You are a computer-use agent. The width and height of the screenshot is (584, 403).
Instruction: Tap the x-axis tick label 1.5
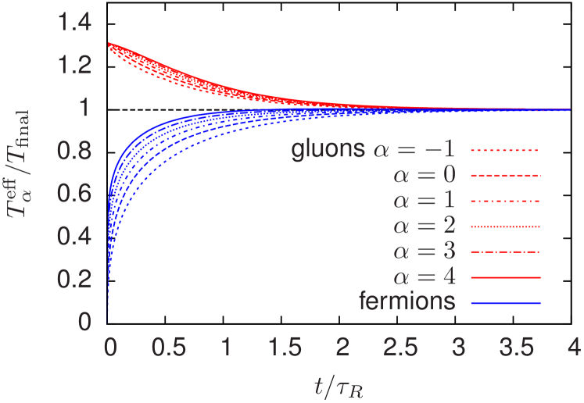[x=283, y=346]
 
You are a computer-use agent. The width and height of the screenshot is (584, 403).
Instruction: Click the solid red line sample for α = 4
[x=506, y=277]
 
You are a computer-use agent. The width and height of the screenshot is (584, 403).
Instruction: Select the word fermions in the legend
[x=407, y=301]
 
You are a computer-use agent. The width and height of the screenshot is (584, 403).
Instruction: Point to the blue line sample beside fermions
[x=506, y=302]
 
